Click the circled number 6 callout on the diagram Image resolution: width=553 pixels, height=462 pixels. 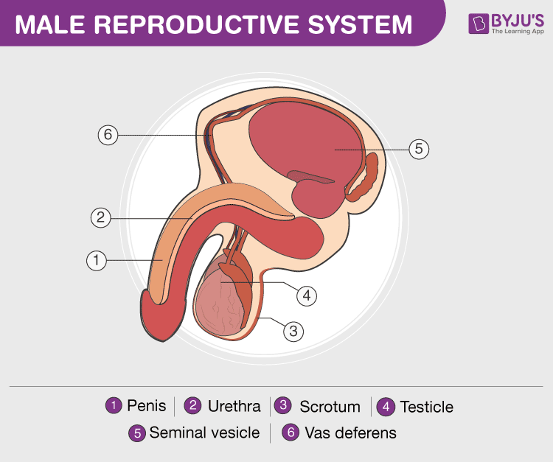click(108, 136)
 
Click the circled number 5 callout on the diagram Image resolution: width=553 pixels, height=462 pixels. click(419, 149)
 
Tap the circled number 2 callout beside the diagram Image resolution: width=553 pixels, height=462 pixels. click(101, 217)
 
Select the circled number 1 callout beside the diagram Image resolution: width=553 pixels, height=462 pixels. click(96, 260)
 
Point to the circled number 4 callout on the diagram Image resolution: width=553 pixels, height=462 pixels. click(307, 295)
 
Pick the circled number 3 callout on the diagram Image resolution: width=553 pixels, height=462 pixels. click(293, 331)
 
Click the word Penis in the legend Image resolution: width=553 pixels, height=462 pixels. click(147, 406)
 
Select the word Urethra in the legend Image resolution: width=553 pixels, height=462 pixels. click(234, 406)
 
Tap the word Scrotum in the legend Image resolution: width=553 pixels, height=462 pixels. click(330, 407)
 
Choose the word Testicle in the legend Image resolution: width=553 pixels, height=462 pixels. click(426, 407)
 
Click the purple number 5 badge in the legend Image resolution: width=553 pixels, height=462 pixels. click(137, 433)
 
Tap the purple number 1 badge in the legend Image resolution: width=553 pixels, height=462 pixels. click(114, 406)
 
